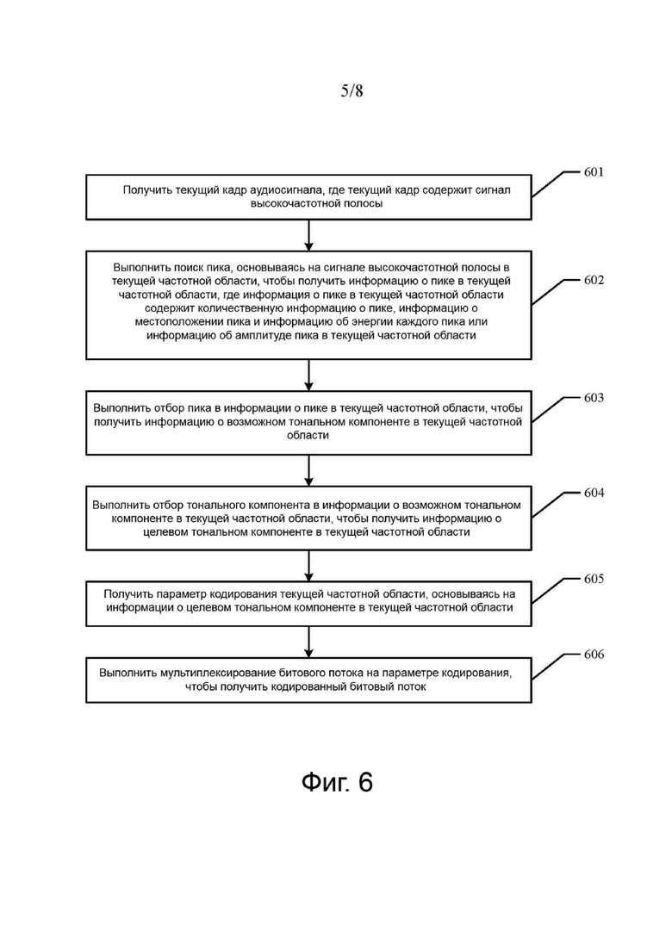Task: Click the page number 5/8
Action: coord(352,91)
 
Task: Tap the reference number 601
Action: coord(594,172)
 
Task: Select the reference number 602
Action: coord(594,280)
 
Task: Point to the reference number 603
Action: coord(594,397)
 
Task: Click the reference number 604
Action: coord(594,493)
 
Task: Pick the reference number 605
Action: coord(594,579)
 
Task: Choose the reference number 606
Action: coord(594,655)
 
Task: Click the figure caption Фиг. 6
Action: coord(337,783)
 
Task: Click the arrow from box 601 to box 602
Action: coord(309,235)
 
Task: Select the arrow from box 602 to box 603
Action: coord(309,375)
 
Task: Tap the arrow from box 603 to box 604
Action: coord(309,470)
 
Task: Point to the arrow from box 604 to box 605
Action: coord(309,566)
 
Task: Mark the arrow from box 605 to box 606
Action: coord(309,642)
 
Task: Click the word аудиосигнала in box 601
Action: coord(286,190)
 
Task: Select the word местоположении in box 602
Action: coord(177,322)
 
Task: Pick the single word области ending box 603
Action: coord(308,435)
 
